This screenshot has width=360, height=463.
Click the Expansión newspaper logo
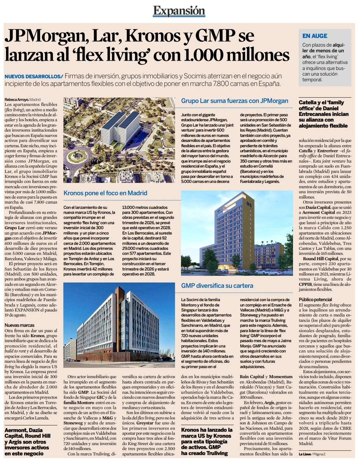179,11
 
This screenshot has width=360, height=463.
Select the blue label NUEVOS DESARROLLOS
33,77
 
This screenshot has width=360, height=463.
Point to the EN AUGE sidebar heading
315,36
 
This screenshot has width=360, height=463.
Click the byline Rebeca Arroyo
17,100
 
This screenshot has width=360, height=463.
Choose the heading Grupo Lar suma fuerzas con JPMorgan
235,101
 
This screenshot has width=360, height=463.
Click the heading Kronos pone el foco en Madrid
105,193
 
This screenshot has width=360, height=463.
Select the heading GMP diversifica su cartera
217,285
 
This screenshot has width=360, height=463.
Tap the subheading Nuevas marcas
20,325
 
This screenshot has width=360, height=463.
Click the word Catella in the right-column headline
308,103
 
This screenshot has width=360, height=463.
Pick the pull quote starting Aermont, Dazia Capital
28,442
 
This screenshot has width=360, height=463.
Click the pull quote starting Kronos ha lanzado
207,441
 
